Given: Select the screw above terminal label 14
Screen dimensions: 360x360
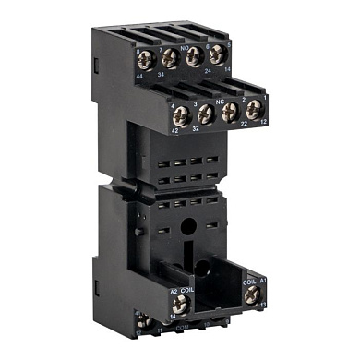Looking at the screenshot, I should click(x=215, y=54).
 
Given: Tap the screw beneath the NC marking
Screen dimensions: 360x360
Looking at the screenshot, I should click(x=230, y=111).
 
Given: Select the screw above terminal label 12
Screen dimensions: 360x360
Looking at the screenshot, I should click(x=252, y=108).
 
